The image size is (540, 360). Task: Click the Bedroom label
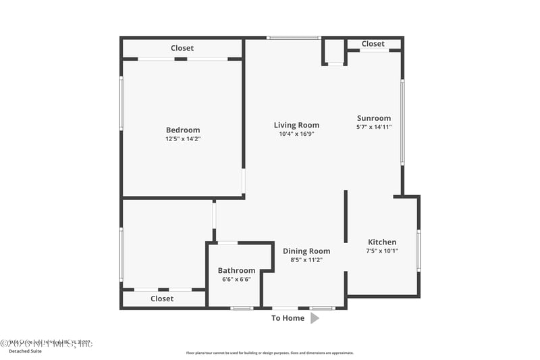tap(183, 130)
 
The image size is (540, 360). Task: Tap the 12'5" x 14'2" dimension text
tap(183, 139)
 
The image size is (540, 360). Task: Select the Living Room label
tap(296, 125)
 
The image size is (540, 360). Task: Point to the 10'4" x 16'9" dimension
tap(296, 134)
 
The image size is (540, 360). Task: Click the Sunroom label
tap(374, 118)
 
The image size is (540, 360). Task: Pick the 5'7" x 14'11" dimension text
tap(374, 127)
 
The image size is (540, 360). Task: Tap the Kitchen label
tap(382, 242)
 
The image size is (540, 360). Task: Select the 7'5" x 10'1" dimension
tap(382, 251)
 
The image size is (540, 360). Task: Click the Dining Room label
tap(306, 251)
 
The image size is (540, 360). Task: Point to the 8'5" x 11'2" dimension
tap(306, 260)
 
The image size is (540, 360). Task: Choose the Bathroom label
tap(236, 271)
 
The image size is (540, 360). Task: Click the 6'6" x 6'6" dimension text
tap(236, 280)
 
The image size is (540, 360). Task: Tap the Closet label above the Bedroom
tap(182, 48)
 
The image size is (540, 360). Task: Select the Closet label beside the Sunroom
tap(373, 44)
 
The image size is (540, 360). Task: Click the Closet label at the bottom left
tap(162, 299)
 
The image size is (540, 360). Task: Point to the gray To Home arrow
tap(315, 318)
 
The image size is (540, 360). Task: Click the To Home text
tap(288, 318)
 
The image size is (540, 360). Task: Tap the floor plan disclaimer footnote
tap(270, 353)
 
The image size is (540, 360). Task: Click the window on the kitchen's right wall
tap(418, 251)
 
